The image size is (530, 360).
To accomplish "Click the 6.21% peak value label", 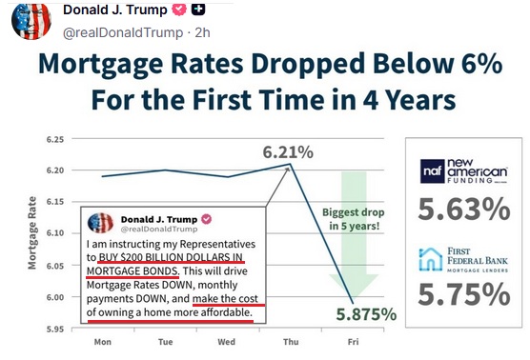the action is pyautogui.click(x=288, y=152).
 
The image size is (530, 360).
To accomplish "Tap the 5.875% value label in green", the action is pyautogui.click(x=366, y=314).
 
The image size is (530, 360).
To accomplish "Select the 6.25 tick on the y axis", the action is pyautogui.click(x=55, y=139).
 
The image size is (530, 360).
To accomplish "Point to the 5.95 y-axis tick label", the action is pyautogui.click(x=55, y=329).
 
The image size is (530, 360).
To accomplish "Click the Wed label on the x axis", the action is pyautogui.click(x=226, y=342).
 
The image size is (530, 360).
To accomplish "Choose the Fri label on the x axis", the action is pyautogui.click(x=353, y=342).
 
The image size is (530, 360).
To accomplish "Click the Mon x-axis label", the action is pyautogui.click(x=102, y=342).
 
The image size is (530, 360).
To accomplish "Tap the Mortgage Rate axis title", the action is pyautogui.click(x=32, y=233).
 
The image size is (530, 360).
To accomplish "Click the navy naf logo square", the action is pyautogui.click(x=433, y=171).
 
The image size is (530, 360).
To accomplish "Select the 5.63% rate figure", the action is pyautogui.click(x=464, y=210).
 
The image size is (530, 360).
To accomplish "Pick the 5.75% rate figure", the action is pyautogui.click(x=464, y=294).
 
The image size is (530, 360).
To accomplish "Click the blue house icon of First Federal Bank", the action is pyautogui.click(x=430, y=259).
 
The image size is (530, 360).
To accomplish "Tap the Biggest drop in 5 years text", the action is pyautogui.click(x=354, y=219).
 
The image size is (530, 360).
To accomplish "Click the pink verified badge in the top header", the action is pyautogui.click(x=179, y=10).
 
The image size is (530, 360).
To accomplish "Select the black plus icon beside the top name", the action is pyautogui.click(x=198, y=9).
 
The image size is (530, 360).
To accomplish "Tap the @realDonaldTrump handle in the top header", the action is pyautogui.click(x=123, y=32).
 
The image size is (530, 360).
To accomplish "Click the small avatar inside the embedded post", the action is pyautogui.click(x=100, y=223).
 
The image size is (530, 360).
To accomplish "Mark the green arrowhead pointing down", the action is pyautogui.click(x=354, y=286).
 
